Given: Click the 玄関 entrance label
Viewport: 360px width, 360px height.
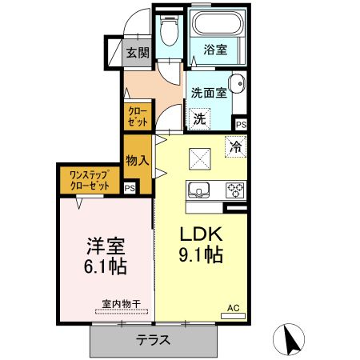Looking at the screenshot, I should tap(138, 54).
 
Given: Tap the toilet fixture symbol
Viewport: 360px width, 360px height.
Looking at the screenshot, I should tap(168, 31).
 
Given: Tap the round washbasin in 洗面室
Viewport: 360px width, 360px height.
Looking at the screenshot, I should tap(237, 84).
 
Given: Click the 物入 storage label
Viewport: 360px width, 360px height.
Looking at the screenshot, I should tap(138, 159).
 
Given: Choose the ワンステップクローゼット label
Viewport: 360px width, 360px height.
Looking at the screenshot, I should tap(90, 179).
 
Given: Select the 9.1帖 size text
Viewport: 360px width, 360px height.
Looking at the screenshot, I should tap(200, 257).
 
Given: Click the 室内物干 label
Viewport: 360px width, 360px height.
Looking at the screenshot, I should tap(121, 304).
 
